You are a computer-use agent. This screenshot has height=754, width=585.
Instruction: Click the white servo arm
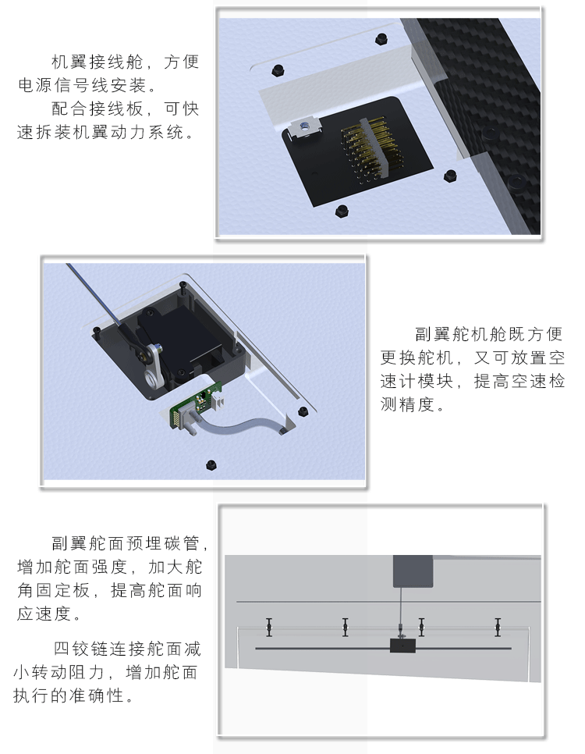154,366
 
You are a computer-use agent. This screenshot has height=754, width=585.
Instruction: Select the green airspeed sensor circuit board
195,404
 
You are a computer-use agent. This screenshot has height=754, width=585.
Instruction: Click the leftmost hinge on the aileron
268,628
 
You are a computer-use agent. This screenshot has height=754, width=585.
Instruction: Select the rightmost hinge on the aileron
498,628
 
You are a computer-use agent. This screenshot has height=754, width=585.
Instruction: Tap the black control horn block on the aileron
402,646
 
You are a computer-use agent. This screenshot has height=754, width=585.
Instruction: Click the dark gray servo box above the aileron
413,571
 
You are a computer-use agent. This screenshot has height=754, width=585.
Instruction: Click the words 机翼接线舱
97,62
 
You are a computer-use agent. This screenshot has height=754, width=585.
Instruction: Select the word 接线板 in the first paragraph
116,108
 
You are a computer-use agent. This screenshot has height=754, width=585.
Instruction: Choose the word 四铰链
81,648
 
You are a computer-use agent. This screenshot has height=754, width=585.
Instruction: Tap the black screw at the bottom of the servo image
211,465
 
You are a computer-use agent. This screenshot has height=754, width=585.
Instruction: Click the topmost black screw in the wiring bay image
381,37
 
